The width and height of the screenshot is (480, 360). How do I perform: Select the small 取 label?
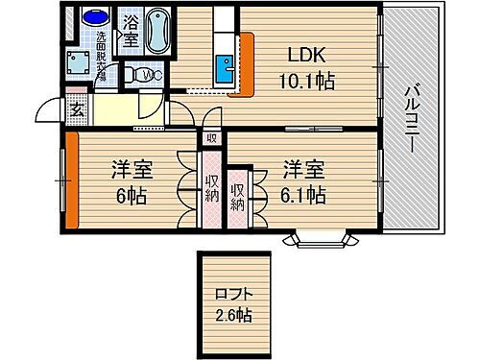211,138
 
